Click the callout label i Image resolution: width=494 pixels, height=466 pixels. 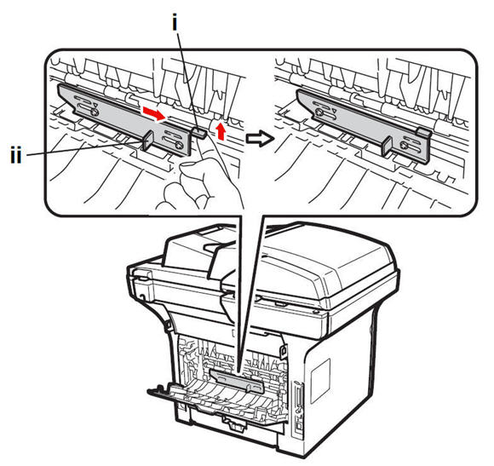175,24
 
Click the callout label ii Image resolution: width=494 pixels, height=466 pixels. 16,155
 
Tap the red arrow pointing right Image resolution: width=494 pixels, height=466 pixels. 154,114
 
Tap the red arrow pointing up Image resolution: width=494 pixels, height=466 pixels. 221,131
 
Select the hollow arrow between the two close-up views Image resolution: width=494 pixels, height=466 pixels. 259,139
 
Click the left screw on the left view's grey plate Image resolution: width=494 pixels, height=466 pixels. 94,112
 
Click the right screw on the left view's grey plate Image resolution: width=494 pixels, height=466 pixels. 179,145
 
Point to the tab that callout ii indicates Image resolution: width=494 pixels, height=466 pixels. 148,141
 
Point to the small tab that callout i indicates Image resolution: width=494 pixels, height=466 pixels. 200,132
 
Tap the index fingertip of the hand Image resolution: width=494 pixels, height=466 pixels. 187,166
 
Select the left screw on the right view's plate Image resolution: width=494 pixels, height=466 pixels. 319,112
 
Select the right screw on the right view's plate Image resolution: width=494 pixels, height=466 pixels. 405,146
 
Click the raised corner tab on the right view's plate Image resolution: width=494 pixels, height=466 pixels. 424,132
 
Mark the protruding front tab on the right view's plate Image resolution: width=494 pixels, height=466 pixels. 386,147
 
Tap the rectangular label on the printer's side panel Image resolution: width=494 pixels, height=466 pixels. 320,381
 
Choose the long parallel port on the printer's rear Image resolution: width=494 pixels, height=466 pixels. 297,394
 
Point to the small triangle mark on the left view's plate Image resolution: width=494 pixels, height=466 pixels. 95,105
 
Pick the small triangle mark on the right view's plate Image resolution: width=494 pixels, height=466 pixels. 334,111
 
